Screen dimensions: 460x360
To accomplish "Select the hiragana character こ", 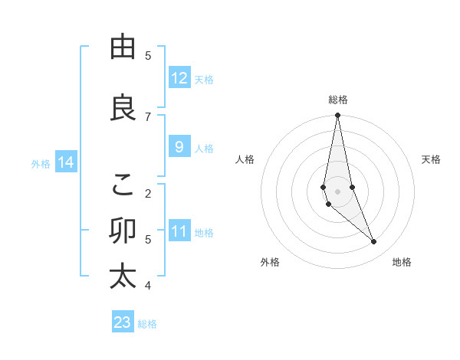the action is pyautogui.click(x=123, y=185).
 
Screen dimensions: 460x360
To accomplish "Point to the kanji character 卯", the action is pyautogui.click(x=123, y=231).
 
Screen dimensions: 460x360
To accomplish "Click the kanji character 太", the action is pyautogui.click(x=123, y=276).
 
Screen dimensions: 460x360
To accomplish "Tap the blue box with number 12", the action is pyautogui.click(x=179, y=78).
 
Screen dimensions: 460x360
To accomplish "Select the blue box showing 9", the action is pyautogui.click(x=179, y=147).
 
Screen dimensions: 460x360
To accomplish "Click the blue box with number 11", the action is pyautogui.click(x=179, y=231).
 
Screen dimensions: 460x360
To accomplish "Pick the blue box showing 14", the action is pyautogui.click(x=66, y=162).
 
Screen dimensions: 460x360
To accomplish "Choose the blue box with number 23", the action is pyautogui.click(x=123, y=322).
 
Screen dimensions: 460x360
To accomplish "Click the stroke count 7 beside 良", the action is pyautogui.click(x=148, y=116).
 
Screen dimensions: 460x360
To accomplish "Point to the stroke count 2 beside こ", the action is pyautogui.click(x=148, y=193).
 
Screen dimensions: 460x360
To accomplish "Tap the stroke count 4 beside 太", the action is pyautogui.click(x=148, y=286).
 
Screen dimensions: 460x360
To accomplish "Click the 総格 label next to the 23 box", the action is pyautogui.click(x=147, y=324).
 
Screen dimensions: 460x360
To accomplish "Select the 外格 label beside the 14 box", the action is pyautogui.click(x=41, y=163).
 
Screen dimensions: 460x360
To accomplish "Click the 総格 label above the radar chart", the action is pyautogui.click(x=337, y=100).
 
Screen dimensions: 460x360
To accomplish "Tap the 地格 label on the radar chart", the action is pyautogui.click(x=402, y=262).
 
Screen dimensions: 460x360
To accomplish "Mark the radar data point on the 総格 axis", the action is pyautogui.click(x=337, y=116).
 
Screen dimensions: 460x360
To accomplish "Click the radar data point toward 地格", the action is pyautogui.click(x=374, y=242).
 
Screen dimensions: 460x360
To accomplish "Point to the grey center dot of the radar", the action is pyautogui.click(x=337, y=191).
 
